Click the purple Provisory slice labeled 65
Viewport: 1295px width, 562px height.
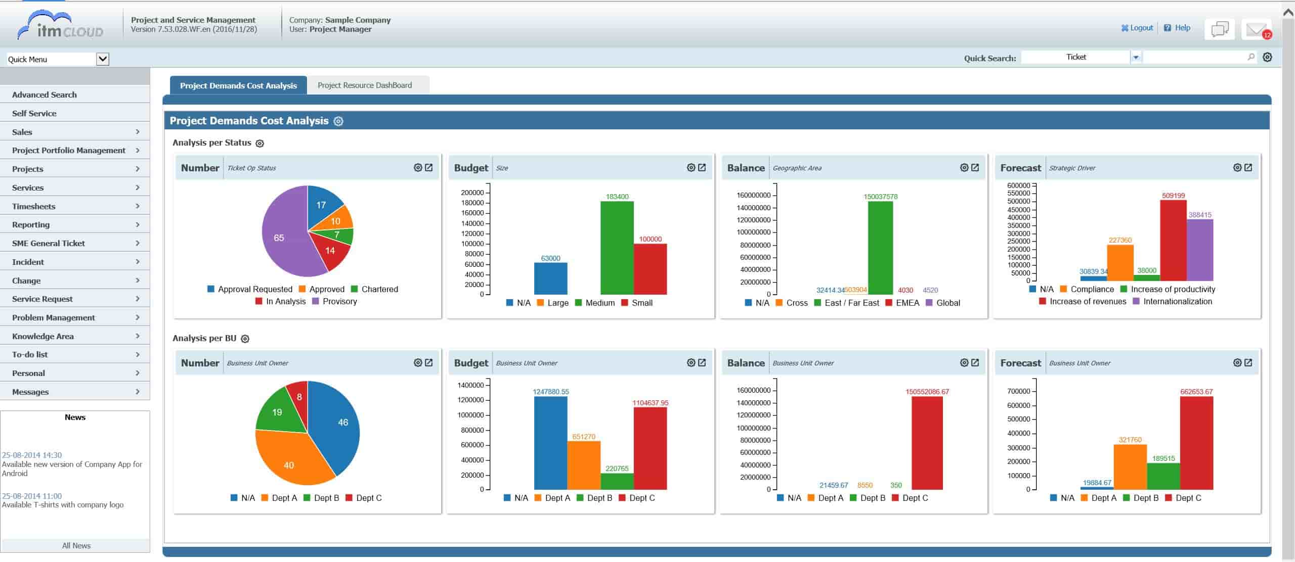click(x=281, y=238)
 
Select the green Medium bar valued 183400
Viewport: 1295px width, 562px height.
click(x=617, y=248)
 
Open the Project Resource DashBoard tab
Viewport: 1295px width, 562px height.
click(x=365, y=85)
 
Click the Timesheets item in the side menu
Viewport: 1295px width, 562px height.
click(x=34, y=206)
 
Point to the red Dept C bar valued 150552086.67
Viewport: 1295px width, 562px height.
click(x=927, y=443)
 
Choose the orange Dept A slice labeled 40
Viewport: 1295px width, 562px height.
click(x=289, y=460)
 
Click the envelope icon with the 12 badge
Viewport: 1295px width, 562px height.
click(x=1256, y=30)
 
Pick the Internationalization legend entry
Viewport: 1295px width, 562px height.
click(x=1177, y=301)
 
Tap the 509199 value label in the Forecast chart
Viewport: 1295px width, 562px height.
click(x=1173, y=196)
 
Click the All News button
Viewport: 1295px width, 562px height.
click(x=76, y=546)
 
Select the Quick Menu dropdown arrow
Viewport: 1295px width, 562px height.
click(x=103, y=59)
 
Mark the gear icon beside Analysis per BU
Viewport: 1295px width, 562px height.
click(x=245, y=339)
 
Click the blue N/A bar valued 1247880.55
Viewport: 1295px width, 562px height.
click(x=550, y=443)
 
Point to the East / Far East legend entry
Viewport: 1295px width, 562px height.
click(x=851, y=303)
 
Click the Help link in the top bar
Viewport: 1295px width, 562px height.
click(x=1182, y=28)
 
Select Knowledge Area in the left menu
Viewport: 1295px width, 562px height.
click(x=43, y=336)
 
